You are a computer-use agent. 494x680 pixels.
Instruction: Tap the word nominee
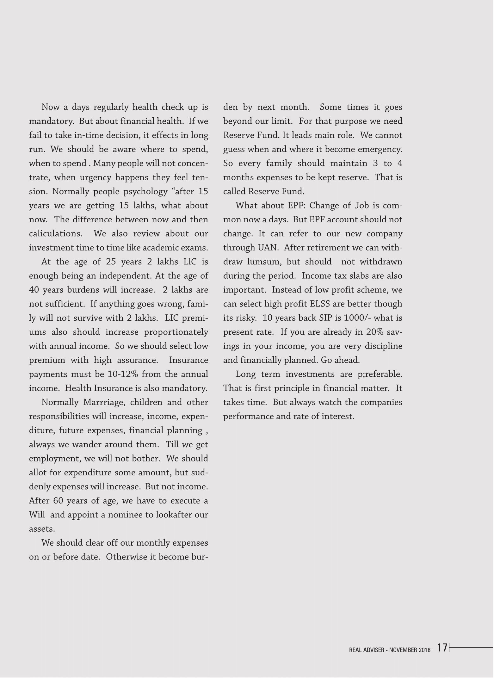[125, 515]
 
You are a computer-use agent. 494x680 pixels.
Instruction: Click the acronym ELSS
[320, 304]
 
